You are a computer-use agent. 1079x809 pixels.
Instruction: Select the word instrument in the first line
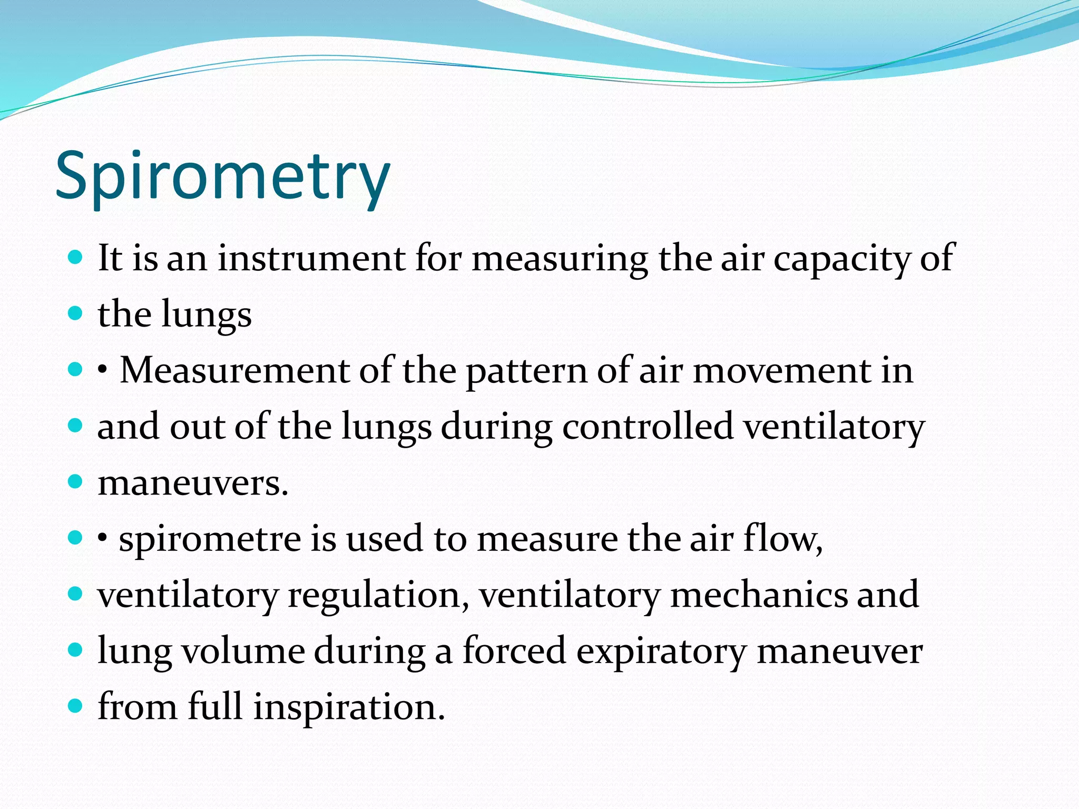pyautogui.click(x=312, y=258)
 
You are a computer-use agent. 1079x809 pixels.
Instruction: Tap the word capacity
pyautogui.click(x=842, y=259)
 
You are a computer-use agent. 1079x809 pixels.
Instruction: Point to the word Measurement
pyautogui.click(x=234, y=370)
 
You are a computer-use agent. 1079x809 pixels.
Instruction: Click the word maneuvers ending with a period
pyautogui.click(x=193, y=483)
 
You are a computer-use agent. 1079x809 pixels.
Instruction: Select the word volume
pyautogui.click(x=243, y=651)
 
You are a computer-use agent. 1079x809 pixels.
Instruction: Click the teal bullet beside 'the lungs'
pyautogui.click(x=76, y=313)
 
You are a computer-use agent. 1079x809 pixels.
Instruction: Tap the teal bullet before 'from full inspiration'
pyautogui.click(x=76, y=706)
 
